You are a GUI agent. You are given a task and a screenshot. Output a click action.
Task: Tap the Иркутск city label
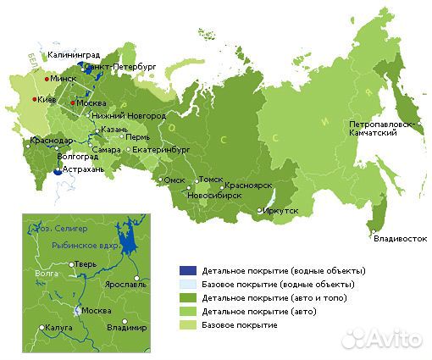click(280, 210)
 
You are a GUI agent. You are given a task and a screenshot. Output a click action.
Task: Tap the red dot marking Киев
click(34, 99)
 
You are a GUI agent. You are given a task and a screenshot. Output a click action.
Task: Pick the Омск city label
click(174, 180)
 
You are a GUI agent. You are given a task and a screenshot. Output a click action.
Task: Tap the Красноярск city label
click(247, 186)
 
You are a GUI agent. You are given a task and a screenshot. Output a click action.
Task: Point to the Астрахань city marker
click(58, 170)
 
